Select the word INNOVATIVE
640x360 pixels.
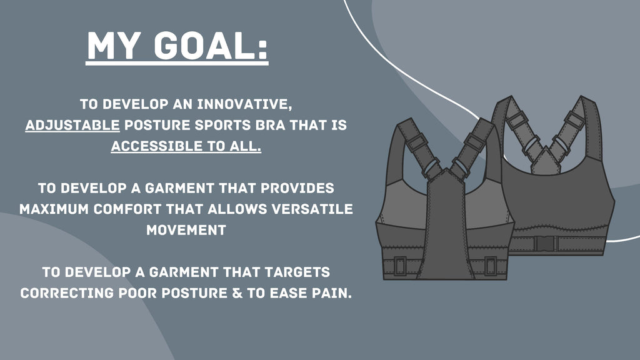[244, 104]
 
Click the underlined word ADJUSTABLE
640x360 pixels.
[72, 125]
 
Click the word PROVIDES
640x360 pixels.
[297, 188]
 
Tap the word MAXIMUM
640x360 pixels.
[54, 209]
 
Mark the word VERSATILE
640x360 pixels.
[312, 209]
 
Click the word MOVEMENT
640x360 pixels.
[186, 230]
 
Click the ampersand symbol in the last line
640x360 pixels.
[237, 293]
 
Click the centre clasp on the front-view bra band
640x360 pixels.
[546, 244]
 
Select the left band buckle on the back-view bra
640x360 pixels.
[399, 266]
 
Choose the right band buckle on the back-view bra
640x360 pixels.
[491, 266]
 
